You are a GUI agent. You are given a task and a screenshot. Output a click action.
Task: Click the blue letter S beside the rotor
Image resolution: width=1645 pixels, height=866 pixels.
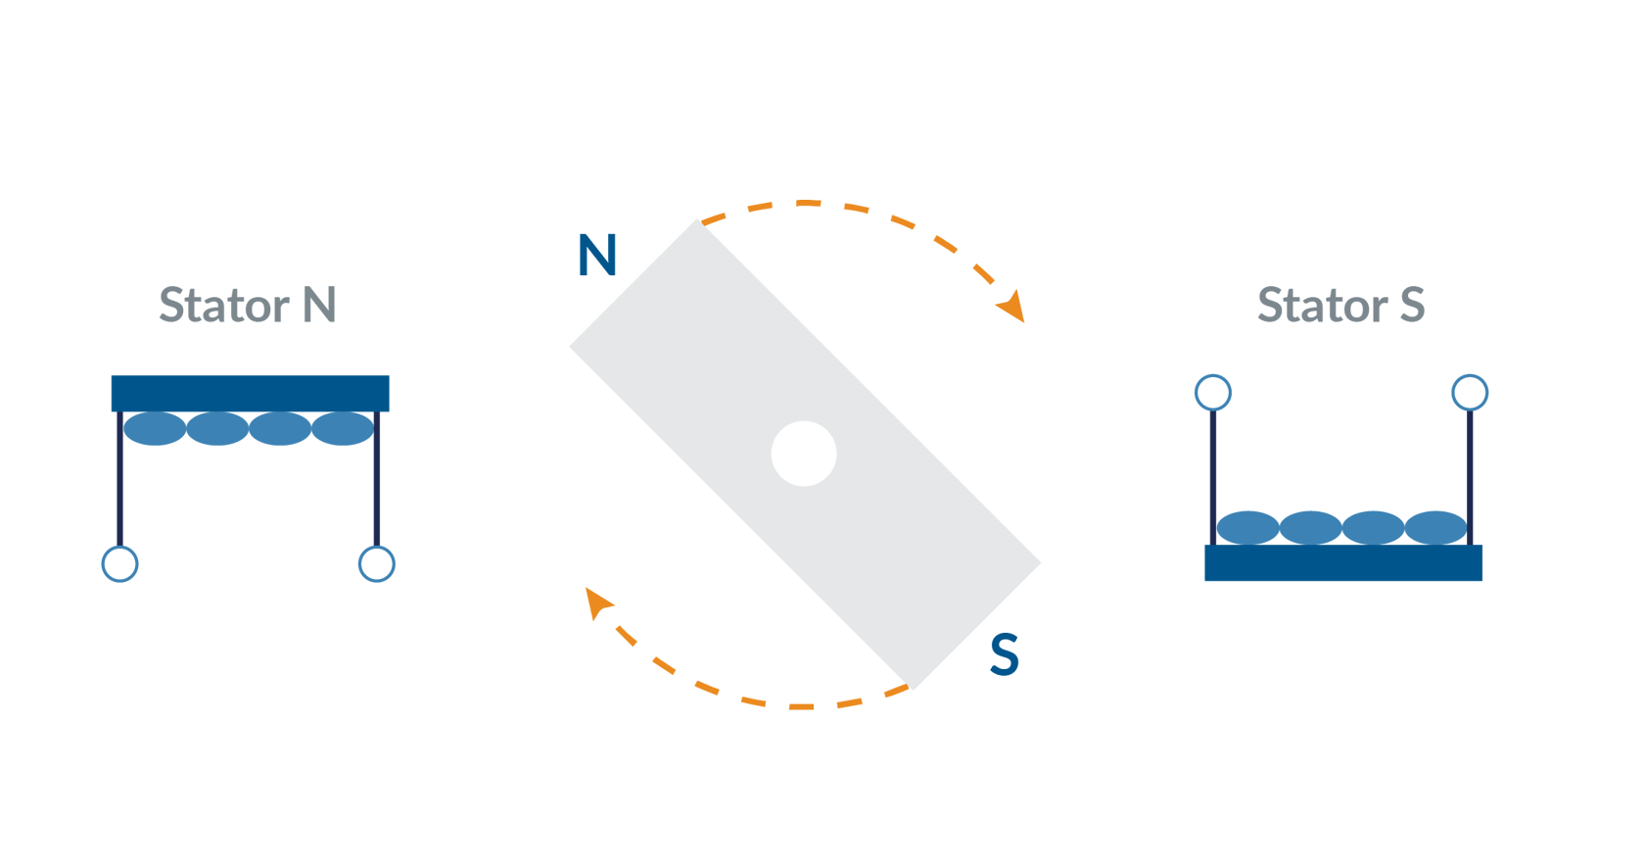point(1005,654)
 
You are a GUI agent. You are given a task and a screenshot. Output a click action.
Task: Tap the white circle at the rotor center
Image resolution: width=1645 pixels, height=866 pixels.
point(804,454)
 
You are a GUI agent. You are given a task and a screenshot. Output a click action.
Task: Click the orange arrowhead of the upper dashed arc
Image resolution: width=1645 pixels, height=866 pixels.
point(1012,306)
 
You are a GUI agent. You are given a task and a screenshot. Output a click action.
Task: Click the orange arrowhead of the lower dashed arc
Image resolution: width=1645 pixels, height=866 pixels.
point(596,601)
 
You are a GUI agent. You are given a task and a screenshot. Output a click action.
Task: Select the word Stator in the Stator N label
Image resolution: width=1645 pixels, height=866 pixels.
point(224,306)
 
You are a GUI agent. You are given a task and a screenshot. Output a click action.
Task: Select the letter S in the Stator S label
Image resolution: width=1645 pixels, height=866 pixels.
point(1412,306)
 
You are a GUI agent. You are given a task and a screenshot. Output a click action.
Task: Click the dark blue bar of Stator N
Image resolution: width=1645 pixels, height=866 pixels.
point(250,392)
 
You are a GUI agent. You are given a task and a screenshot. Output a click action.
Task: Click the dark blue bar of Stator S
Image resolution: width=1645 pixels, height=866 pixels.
point(1343,563)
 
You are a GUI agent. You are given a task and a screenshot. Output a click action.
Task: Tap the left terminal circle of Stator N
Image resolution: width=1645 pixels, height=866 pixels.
point(119,564)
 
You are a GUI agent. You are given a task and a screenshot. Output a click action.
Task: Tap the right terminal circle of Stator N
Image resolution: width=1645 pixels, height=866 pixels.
point(377,564)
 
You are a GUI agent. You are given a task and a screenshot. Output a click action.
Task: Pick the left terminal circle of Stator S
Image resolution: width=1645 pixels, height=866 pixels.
point(1213,393)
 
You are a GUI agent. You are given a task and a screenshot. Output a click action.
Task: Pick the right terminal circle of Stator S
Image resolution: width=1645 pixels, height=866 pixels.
point(1470,393)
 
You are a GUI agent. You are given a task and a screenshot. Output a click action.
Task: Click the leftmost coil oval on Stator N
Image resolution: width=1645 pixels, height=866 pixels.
point(155,429)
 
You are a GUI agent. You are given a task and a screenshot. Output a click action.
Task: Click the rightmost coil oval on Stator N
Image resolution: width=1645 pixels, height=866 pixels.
point(343,429)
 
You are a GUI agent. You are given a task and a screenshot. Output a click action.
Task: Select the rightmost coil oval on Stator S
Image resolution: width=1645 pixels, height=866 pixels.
point(1435,528)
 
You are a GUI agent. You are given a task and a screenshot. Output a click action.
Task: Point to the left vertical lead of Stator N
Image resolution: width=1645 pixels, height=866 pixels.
point(119,490)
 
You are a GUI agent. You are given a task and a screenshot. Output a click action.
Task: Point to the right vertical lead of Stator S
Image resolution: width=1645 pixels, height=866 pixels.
point(1470,460)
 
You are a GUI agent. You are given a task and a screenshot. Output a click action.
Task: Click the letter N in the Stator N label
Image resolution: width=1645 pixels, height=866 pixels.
point(319,306)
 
